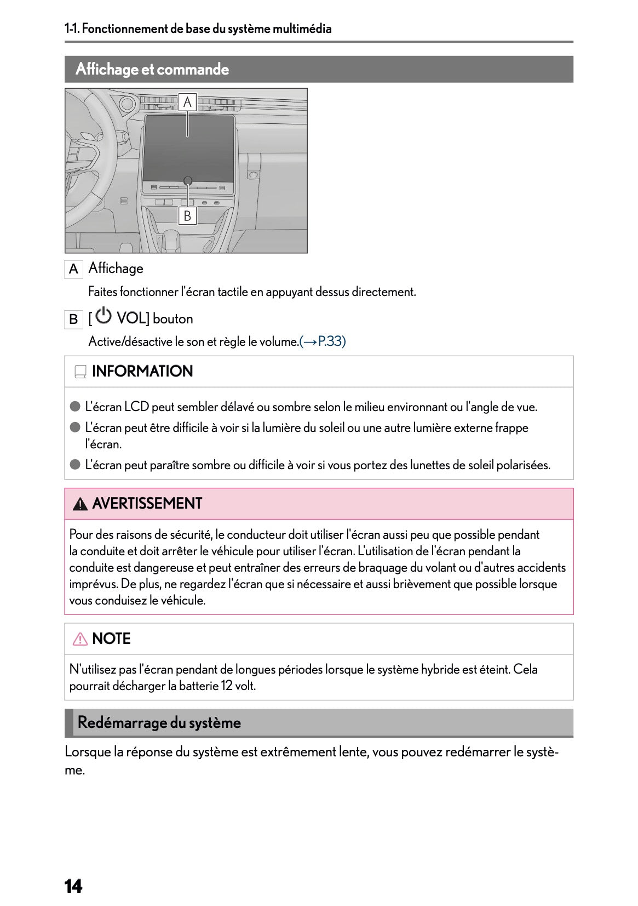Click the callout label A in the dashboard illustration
pos(187,102)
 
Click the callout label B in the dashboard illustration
pos(187,216)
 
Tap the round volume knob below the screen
pos(188,180)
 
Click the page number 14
pos(73,886)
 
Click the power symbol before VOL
pos(104,316)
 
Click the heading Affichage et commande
pos(152,69)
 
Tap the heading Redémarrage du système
pos(159,722)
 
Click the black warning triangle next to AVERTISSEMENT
pos(80,504)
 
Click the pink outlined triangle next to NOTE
pos(80,639)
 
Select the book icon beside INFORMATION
pos(80,372)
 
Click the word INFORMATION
pos(142,372)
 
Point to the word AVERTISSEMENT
pos(147,504)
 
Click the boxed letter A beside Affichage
pos(73,269)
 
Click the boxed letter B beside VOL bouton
pos(73,319)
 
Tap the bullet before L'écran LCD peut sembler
pos(75,407)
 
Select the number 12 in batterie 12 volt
pos(227,686)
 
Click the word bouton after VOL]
pos(173,319)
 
